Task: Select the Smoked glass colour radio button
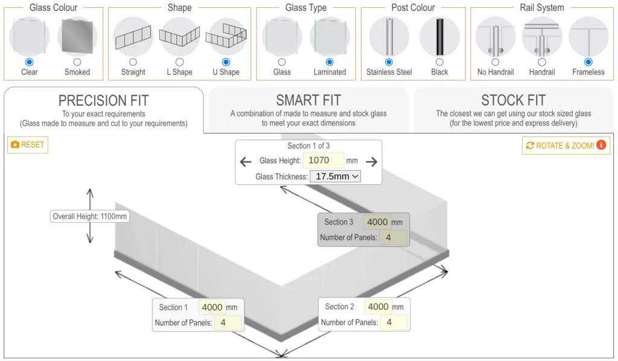77,62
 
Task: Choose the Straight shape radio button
133,62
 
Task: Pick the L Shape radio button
179,62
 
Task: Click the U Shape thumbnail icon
226,36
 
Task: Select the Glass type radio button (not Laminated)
282,62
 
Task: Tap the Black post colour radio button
439,62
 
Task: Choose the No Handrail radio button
495,62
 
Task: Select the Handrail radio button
542,62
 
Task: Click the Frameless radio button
588,62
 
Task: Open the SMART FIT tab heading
308,100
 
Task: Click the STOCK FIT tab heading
513,100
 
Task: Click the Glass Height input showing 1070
323,161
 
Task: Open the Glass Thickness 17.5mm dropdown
336,176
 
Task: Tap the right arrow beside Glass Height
371,161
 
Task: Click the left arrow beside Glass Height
246,161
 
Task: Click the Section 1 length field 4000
212,307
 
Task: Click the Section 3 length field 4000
377,222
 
